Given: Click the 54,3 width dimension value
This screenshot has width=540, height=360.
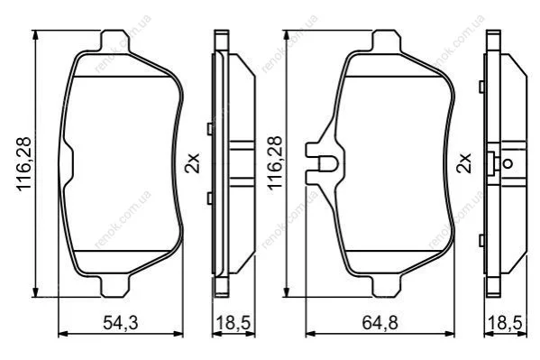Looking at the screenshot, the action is (121, 323).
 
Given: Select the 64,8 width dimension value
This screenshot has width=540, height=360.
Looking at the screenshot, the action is (380, 323).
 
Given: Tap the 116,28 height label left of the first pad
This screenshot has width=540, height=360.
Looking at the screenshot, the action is (24, 164).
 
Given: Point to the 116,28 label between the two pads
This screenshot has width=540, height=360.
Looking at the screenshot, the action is (275, 162).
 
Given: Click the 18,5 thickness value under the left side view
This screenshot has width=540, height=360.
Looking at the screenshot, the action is (233, 323).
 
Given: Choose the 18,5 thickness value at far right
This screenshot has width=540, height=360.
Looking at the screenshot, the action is (505, 323).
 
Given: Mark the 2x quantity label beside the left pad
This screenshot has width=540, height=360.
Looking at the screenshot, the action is (192, 163).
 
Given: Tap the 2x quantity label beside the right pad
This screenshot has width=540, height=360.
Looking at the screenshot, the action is (463, 163).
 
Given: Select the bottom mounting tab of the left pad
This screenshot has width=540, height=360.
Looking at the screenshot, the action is (115, 286).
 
